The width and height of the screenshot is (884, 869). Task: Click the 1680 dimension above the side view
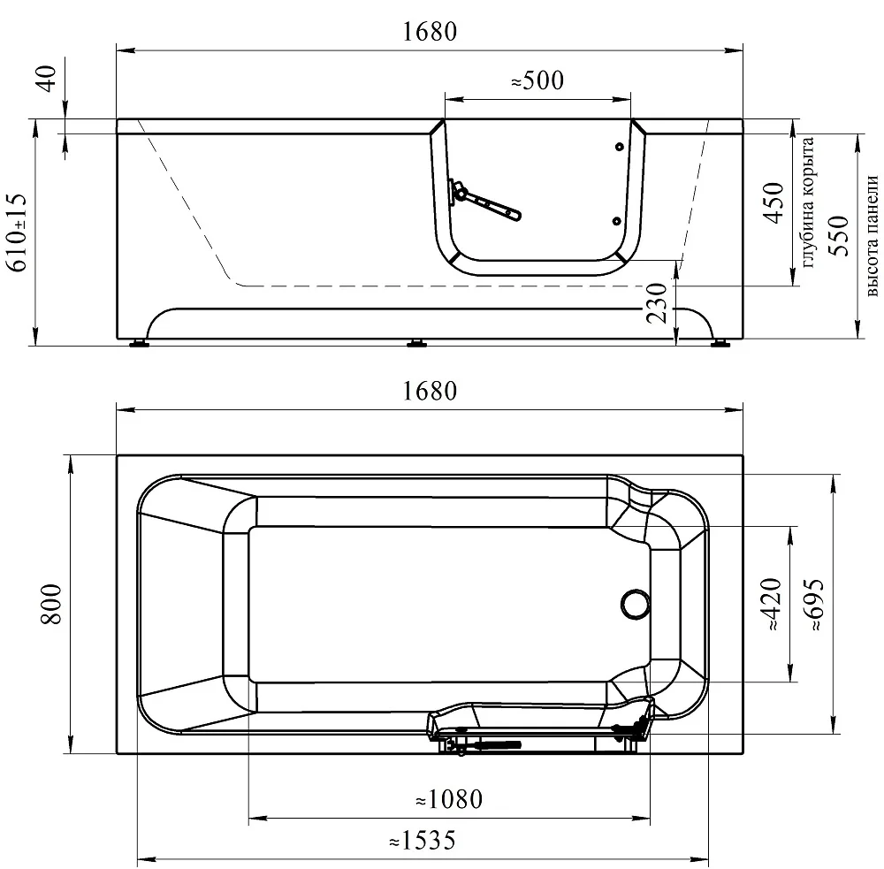430,32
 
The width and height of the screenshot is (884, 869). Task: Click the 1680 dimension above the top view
430,391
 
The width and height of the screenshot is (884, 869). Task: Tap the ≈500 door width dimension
537,80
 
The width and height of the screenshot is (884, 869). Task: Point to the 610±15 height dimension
17,232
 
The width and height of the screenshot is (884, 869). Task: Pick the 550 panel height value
839,236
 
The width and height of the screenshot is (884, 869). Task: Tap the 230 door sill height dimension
657,303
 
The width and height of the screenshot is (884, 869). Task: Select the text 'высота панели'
872,236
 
